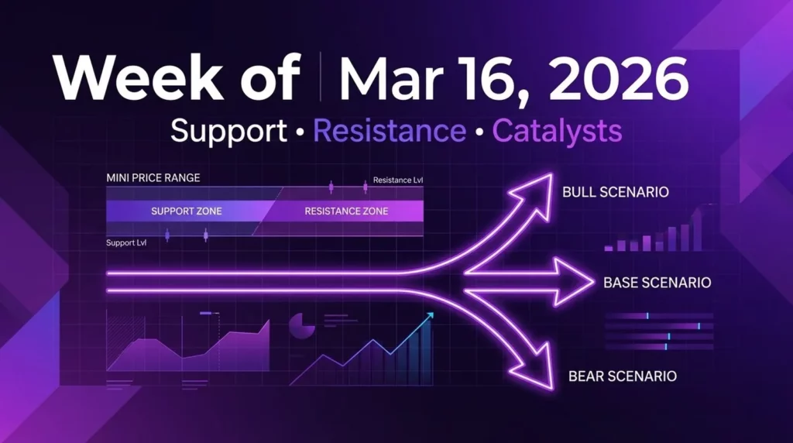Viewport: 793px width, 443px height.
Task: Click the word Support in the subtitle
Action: (228, 131)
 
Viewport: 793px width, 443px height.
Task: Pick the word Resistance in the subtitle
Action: (380, 131)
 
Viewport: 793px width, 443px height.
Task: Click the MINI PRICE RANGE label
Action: (153, 178)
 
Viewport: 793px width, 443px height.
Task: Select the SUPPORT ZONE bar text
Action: (187, 211)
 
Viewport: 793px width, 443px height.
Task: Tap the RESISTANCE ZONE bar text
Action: (346, 211)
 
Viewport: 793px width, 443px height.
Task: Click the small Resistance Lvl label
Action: (397, 180)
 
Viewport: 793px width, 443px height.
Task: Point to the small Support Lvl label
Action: (125, 243)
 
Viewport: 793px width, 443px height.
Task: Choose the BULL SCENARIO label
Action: (615, 191)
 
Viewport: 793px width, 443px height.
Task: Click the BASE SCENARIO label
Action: (657, 283)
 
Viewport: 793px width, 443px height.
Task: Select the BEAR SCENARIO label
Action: (622, 376)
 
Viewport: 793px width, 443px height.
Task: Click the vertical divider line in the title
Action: (321, 78)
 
